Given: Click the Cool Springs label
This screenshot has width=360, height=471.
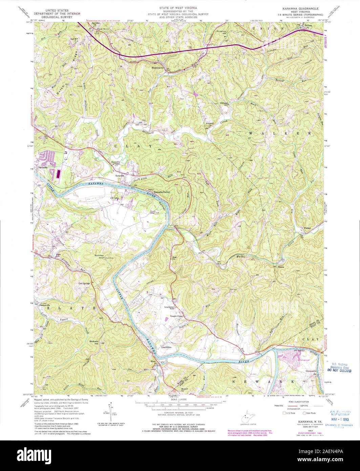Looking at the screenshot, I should pyautogui.click(x=85, y=284).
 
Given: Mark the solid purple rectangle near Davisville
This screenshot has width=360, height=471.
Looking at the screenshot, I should pyautogui.click(x=58, y=174).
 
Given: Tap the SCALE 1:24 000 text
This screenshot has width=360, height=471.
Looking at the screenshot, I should pyautogui.click(x=180, y=399).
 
